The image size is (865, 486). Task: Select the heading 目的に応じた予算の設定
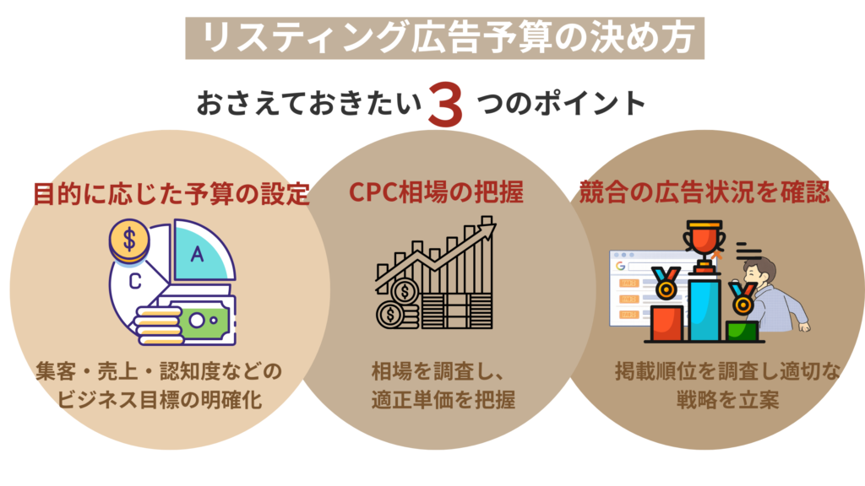[171, 194]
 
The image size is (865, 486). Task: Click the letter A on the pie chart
[197, 253]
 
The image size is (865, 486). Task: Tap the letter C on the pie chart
[134, 283]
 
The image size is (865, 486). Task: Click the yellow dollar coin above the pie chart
[129, 240]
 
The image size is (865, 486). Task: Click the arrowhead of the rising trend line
[487, 224]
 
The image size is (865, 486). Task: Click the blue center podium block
[704, 309]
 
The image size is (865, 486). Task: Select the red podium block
[667, 323]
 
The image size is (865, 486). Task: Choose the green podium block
[741, 330]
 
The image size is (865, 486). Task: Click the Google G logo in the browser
[619, 265]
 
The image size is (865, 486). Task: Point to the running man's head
[761, 272]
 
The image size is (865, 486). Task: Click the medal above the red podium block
[666, 285]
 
